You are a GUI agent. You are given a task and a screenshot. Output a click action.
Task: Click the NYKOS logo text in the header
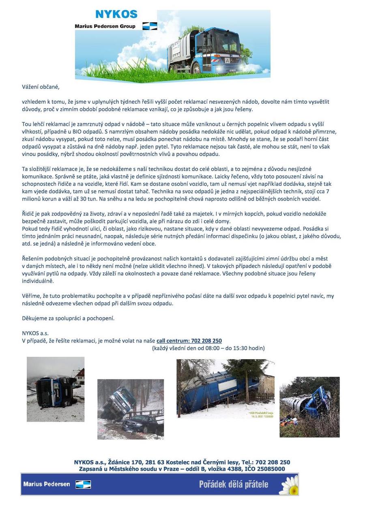tap(116, 15)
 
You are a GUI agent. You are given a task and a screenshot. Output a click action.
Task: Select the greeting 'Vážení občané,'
tap(41, 87)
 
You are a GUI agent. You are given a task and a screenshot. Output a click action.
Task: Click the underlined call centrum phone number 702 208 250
tap(189, 341)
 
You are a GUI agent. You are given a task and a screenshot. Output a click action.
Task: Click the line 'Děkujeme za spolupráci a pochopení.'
tap(68, 318)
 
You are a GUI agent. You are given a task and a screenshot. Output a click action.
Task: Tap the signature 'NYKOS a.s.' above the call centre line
tap(35, 333)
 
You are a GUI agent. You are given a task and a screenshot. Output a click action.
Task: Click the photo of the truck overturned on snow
tap(56, 389)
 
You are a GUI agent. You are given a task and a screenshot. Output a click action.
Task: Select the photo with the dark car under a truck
tap(131, 409)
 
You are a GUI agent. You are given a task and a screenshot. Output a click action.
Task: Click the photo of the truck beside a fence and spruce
tap(225, 389)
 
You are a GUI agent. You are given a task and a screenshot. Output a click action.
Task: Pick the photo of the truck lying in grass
tap(309, 407)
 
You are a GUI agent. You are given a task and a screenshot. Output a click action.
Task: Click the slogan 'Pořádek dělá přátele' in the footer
tap(234, 484)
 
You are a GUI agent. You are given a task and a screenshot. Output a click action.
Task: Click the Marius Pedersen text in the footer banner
tap(47, 484)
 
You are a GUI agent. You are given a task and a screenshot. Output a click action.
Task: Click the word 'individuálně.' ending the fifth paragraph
tap(38, 281)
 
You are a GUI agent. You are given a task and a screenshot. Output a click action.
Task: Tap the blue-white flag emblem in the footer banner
tap(83, 484)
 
